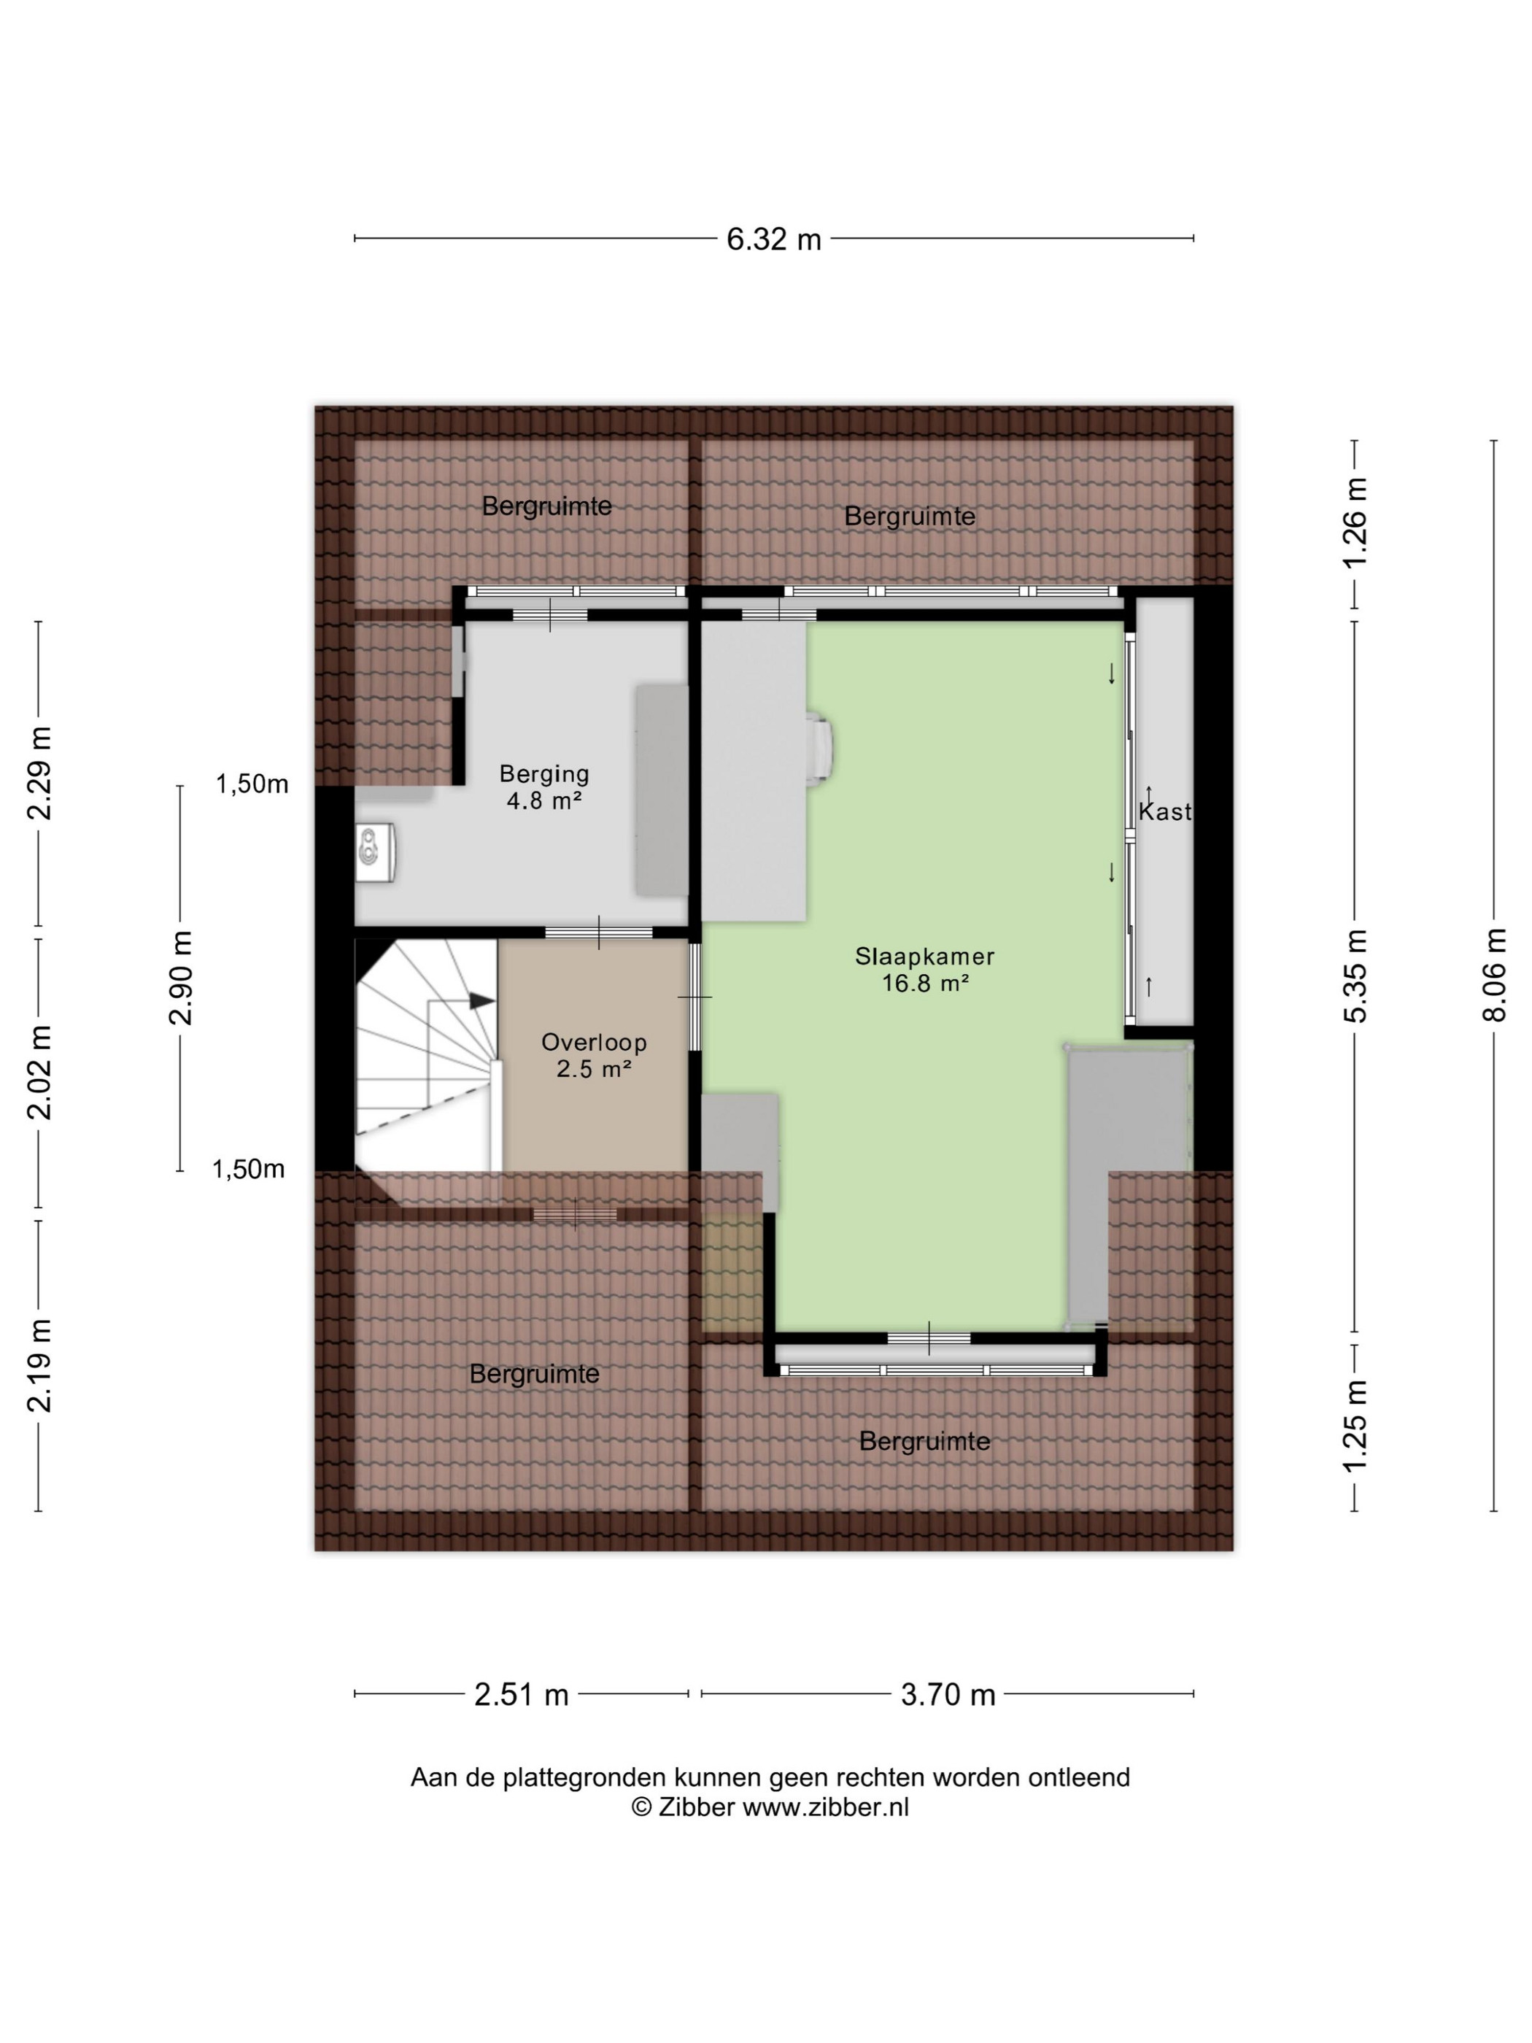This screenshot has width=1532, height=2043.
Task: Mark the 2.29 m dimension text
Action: click(x=39, y=773)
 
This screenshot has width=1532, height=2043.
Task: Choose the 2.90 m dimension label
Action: click(x=180, y=978)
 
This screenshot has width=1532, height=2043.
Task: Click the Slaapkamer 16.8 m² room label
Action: click(x=924, y=970)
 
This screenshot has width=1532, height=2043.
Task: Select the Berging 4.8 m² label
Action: click(x=544, y=787)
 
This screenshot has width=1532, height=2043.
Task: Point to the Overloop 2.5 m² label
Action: click(x=594, y=1056)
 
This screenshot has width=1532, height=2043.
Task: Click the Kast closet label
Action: click(x=1165, y=812)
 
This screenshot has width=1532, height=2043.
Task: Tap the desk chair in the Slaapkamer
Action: click(x=819, y=749)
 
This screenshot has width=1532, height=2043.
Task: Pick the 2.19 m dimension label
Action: click(x=39, y=1365)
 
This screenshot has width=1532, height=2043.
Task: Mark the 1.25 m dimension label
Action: click(x=1355, y=1428)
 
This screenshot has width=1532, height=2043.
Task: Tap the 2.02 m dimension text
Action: click(x=39, y=1073)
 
